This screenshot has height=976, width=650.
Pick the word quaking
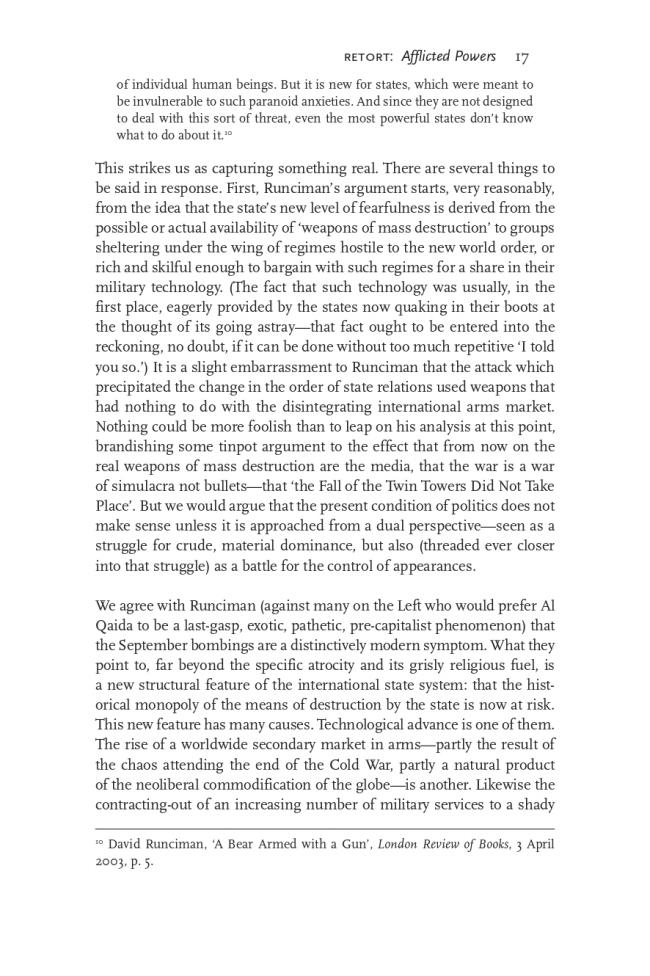click(x=414, y=307)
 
